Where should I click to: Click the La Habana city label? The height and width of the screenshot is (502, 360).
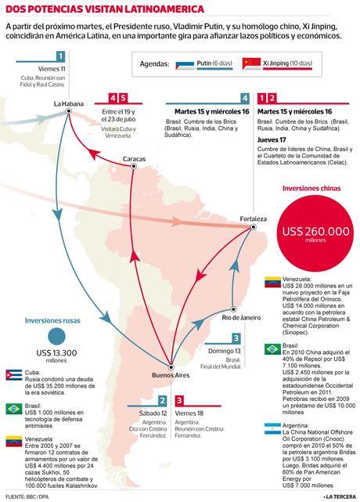(x=69, y=103)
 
